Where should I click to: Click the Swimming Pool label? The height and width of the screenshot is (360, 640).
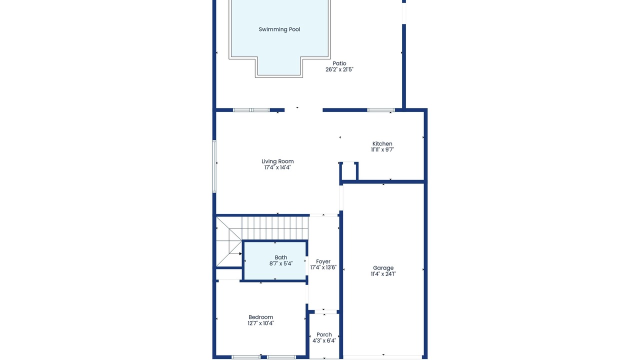279,29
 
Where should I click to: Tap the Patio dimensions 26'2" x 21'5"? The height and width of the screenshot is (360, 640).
339,69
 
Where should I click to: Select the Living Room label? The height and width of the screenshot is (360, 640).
277,161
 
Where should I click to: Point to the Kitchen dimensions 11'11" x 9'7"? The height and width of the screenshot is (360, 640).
382,149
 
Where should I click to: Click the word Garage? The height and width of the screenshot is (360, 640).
383,268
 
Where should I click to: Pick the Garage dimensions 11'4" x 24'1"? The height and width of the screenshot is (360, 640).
383,274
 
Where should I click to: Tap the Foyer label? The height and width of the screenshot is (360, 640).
323,261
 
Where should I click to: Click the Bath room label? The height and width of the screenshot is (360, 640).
281,257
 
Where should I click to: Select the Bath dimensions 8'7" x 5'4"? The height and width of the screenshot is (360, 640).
281,263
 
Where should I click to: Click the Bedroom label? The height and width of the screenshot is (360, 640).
260,317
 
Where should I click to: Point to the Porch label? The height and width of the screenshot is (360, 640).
324,334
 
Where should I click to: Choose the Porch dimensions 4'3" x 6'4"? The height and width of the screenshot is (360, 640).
324,340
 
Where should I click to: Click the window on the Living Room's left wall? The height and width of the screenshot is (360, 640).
214,166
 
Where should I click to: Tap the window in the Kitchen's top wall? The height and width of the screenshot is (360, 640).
381,110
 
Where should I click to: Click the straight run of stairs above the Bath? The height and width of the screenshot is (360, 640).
275,228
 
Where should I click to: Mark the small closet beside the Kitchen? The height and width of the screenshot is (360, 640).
348,171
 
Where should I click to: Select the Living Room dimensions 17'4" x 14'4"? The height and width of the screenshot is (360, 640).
277,167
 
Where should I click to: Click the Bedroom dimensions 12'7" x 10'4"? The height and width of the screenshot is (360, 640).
260,323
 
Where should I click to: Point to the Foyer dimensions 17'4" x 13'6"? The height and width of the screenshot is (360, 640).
323,267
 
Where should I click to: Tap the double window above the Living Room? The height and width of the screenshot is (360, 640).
251,110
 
